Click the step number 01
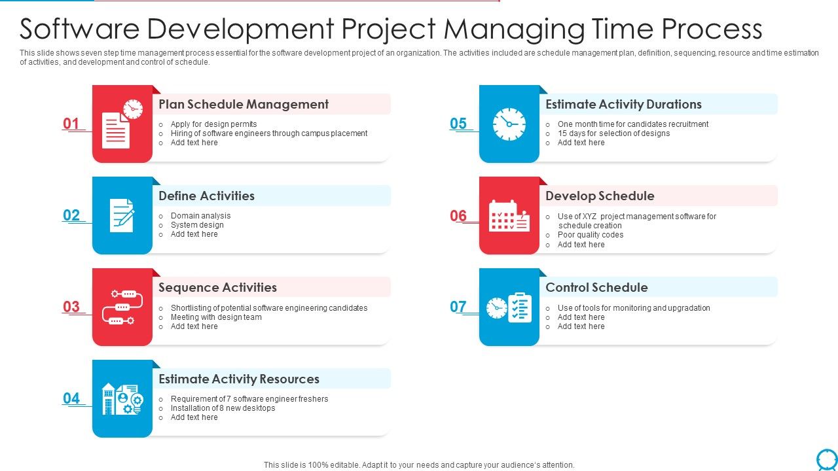71,124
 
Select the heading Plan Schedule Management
244,104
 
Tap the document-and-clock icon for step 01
122,124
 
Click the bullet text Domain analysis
200,216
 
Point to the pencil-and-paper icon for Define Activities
122,215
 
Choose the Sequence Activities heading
217,287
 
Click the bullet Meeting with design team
216,317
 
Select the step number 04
71,398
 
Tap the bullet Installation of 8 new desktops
223,408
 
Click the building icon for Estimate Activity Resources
122,398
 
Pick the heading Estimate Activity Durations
623,104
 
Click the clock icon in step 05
509,124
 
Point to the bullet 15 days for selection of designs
613,133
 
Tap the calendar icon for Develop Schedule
509,215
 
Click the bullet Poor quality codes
590,235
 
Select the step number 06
458,215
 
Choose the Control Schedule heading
596,287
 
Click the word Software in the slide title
80,29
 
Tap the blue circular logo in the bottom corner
827,459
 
